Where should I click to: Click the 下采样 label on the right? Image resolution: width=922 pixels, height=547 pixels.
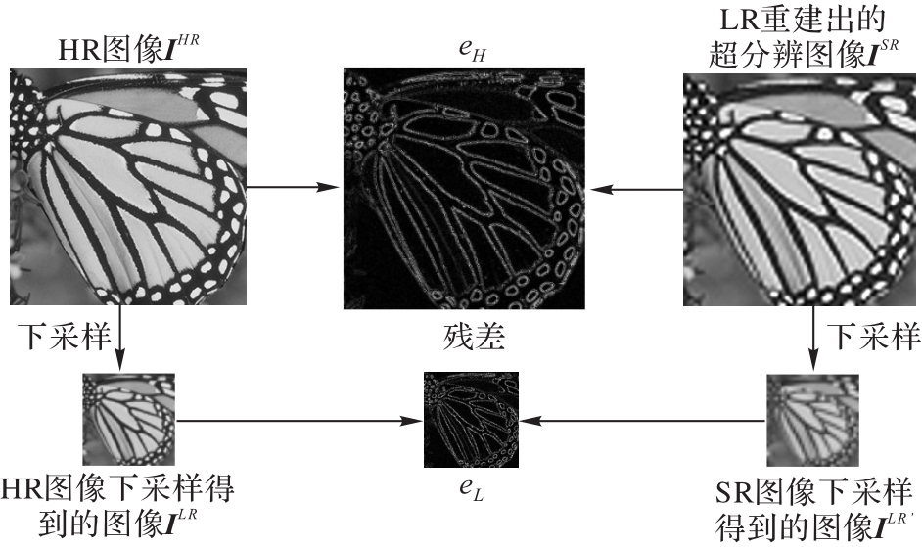(x=874, y=338)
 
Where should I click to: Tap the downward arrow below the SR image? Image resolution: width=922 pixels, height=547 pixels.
(x=815, y=339)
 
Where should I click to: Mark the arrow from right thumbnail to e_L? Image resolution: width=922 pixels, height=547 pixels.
(x=641, y=422)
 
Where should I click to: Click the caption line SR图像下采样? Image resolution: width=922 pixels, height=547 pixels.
(x=812, y=487)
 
